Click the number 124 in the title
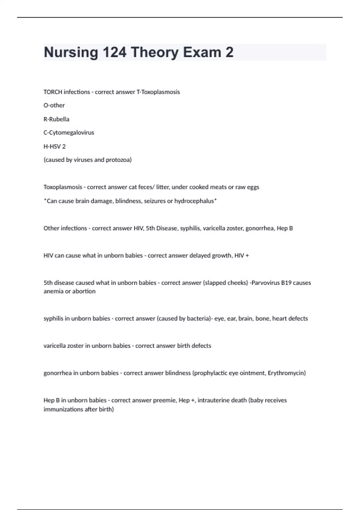tap(115, 52)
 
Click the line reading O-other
tap(54, 105)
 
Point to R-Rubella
tap(56, 119)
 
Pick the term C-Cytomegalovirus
tap(69, 133)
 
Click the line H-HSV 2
tap(54, 146)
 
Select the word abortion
tap(84, 291)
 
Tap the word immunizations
tap(63, 409)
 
